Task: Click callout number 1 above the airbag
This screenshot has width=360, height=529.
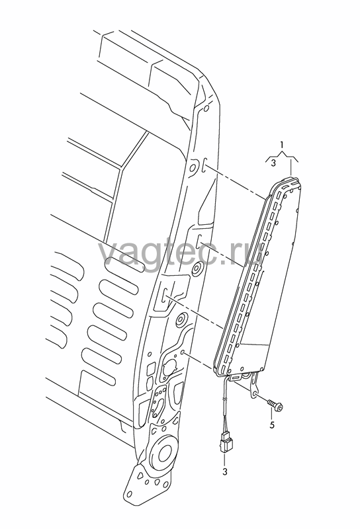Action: [282, 145]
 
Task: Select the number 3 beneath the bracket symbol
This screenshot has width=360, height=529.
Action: [273, 163]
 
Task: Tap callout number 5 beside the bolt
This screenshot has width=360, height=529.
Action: [272, 425]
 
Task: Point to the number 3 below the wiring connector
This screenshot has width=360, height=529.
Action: [225, 471]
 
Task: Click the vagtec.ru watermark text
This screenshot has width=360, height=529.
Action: [181, 252]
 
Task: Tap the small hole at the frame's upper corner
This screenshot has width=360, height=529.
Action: [206, 109]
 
